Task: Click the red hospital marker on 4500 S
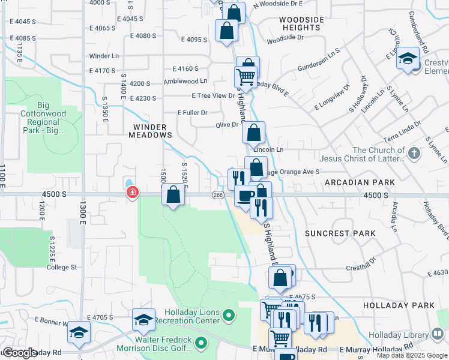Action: (131, 193)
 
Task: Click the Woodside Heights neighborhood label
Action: (301, 23)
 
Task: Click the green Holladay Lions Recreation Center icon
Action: (228, 315)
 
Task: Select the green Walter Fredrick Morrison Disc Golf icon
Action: (201, 343)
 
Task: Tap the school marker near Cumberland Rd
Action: (408, 58)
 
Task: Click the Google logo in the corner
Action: (20, 353)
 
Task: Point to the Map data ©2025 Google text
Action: (412, 355)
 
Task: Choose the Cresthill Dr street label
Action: (360, 268)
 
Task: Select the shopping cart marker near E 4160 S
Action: (246, 77)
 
